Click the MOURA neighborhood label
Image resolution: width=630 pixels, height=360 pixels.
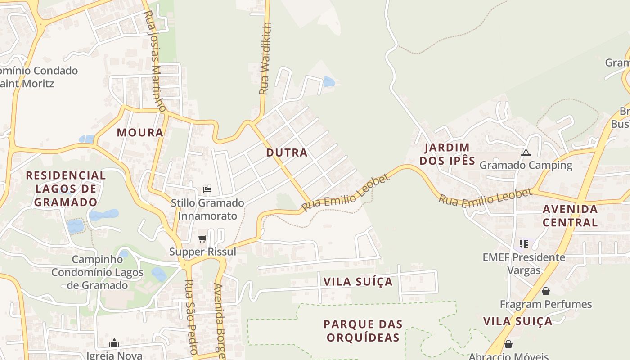pyautogui.click(x=140, y=132)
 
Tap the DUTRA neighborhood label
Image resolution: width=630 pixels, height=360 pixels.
pyautogui.click(x=287, y=153)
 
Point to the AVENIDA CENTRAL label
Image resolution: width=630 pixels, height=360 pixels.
pyautogui.click(x=570, y=216)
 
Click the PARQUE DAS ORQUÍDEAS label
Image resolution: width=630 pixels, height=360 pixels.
pyautogui.click(x=363, y=331)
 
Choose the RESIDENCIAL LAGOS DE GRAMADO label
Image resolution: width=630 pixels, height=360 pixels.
pyautogui.click(x=66, y=189)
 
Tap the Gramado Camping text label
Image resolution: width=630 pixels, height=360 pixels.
pyautogui.click(x=526, y=165)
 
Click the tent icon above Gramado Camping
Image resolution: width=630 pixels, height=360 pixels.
pyautogui.click(x=526, y=153)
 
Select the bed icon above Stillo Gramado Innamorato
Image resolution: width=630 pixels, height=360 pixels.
pyautogui.click(x=207, y=190)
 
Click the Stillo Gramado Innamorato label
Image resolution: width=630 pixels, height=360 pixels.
pyautogui.click(x=207, y=209)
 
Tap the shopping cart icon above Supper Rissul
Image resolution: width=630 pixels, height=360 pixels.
pyautogui.click(x=202, y=239)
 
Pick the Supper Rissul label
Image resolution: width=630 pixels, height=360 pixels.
pyautogui.click(x=202, y=252)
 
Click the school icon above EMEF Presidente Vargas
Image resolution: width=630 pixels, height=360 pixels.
pyautogui.click(x=524, y=244)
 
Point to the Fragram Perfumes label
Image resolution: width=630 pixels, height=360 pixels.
pyautogui.click(x=545, y=304)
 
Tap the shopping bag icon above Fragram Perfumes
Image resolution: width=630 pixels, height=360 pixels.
pyautogui.click(x=545, y=292)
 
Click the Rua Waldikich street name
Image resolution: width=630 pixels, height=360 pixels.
pyautogui.click(x=265, y=58)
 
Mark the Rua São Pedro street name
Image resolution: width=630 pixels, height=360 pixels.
pyautogui.click(x=191, y=317)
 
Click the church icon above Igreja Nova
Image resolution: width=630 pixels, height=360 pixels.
pyautogui.click(x=114, y=343)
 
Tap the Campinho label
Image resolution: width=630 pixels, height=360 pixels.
pyautogui.click(x=97, y=260)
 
